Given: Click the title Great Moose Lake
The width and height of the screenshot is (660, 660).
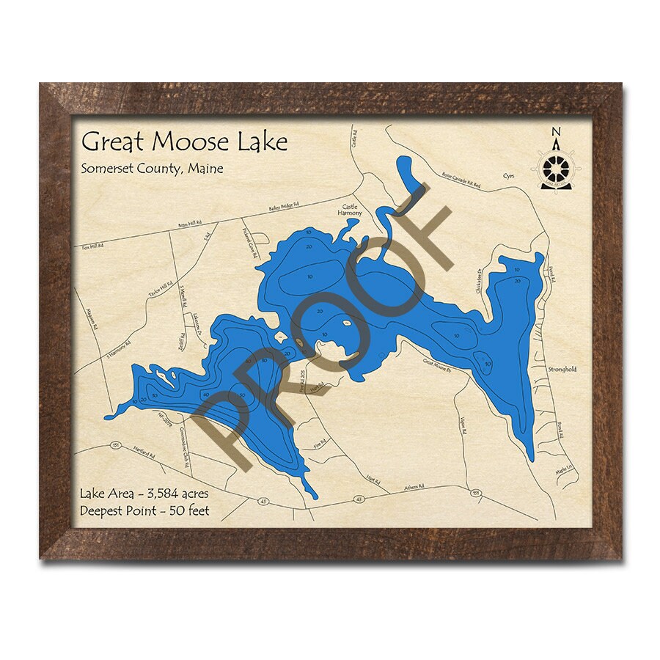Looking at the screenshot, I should point(184,141).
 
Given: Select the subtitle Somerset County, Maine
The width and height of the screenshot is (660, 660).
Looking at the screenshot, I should point(152,168).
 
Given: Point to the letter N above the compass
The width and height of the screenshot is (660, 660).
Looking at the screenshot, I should point(555,132).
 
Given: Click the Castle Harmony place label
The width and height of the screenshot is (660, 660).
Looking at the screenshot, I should point(350,210).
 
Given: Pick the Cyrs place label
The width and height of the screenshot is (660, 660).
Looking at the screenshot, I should point(510,177).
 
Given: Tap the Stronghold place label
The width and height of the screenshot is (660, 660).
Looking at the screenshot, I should point(562,370).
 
